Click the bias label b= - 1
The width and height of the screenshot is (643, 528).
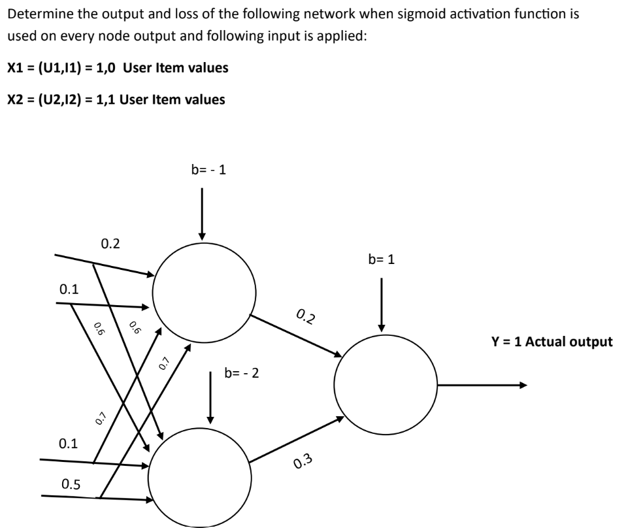coord(209,169)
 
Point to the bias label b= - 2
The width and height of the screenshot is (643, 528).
coord(242,374)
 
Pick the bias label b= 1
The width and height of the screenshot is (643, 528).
coord(382,259)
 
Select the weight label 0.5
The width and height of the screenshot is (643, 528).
coord(71,484)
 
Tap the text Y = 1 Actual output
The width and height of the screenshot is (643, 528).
coord(552,341)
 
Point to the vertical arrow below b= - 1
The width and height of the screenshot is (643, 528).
coord(202,213)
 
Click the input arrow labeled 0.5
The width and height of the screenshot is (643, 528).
coord(91,497)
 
